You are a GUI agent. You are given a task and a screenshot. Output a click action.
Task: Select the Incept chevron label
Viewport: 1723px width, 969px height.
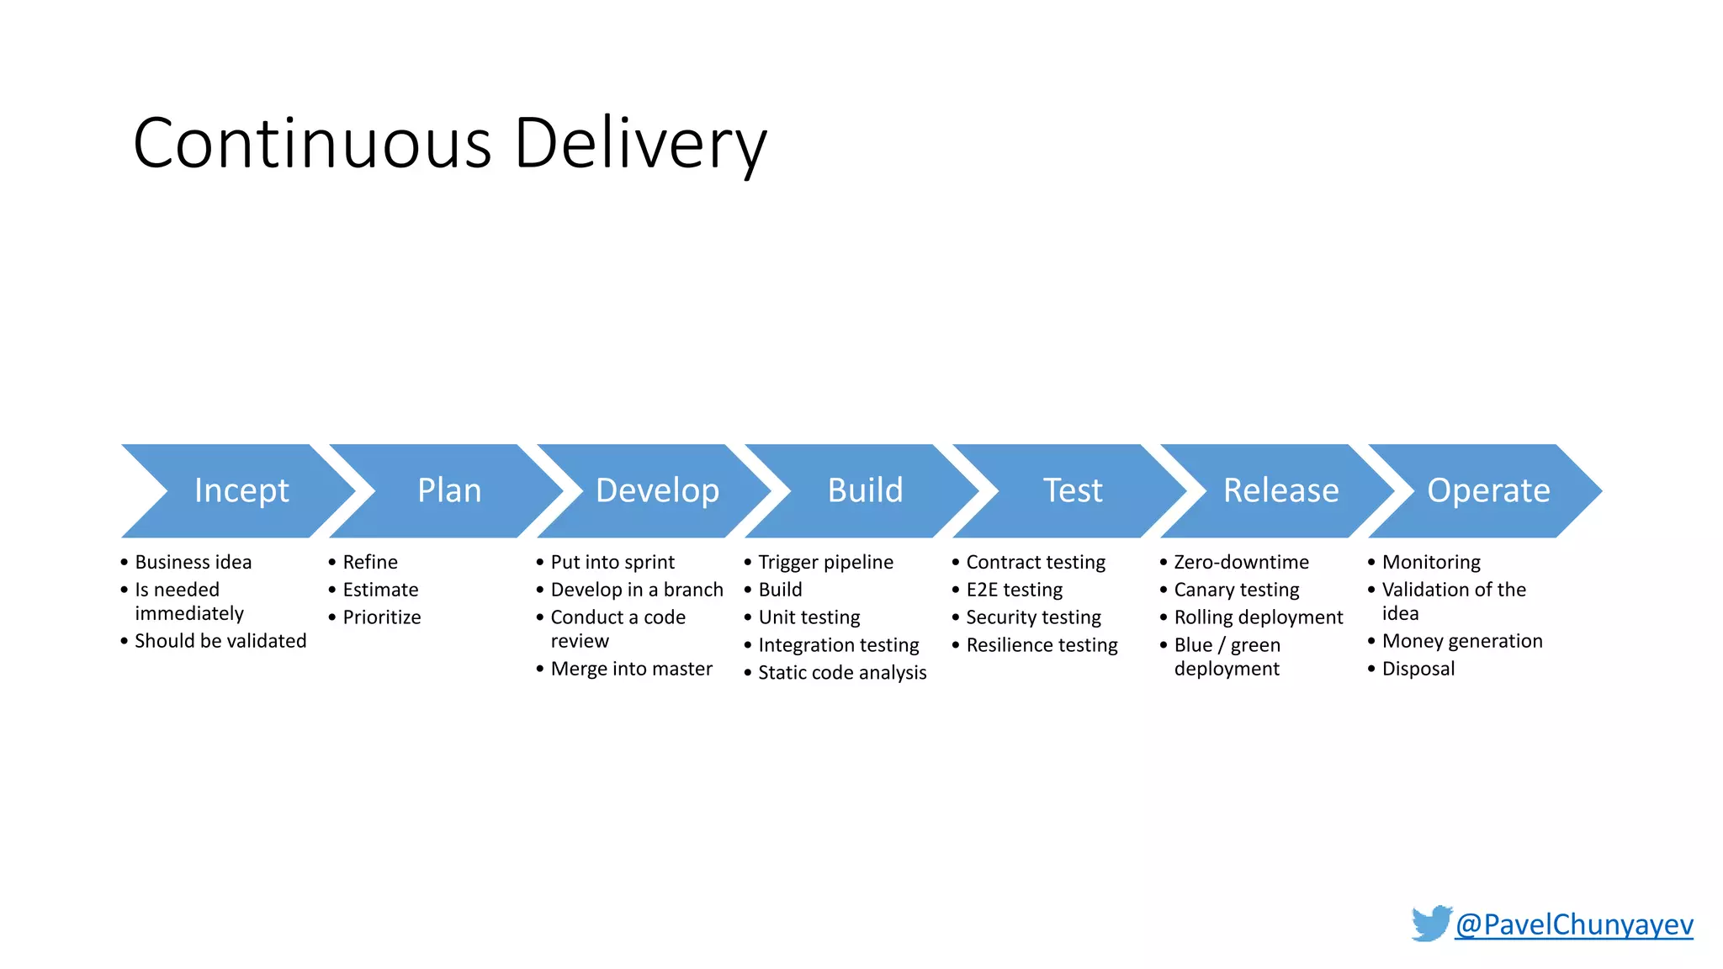(241, 490)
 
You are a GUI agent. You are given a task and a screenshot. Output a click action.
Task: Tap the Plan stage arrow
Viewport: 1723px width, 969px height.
(449, 490)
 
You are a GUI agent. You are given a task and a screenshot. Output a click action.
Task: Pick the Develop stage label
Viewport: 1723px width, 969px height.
(657, 490)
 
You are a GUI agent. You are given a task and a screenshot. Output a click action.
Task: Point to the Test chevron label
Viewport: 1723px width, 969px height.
(1073, 490)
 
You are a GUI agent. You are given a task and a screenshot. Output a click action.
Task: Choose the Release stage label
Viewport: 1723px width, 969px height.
(1280, 490)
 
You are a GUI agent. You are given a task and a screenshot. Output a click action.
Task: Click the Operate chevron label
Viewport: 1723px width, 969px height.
(1488, 490)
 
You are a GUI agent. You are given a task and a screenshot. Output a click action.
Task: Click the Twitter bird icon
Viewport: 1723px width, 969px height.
(1431, 924)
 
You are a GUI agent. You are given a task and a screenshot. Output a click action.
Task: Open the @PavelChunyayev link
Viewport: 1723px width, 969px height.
(1573, 924)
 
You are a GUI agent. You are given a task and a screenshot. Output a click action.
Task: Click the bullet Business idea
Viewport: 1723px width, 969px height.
(193, 562)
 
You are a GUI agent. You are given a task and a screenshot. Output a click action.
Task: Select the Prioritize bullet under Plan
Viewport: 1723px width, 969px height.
(381, 617)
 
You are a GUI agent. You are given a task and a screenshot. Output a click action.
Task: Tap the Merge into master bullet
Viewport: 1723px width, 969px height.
(631, 669)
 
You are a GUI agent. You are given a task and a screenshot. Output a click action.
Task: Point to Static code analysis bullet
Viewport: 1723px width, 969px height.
(842, 673)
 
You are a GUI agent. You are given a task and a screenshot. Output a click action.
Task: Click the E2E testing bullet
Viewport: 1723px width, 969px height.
(1014, 590)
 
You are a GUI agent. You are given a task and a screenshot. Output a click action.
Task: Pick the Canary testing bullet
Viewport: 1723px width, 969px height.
(1236, 590)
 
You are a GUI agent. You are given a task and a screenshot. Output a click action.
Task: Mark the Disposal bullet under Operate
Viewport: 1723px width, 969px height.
(1418, 669)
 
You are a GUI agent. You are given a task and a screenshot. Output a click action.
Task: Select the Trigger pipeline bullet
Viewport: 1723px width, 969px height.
(825, 562)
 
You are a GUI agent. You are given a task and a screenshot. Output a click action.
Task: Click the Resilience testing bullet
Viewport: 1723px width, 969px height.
(1042, 645)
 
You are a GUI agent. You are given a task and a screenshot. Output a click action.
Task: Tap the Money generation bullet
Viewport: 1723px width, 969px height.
(1462, 641)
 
